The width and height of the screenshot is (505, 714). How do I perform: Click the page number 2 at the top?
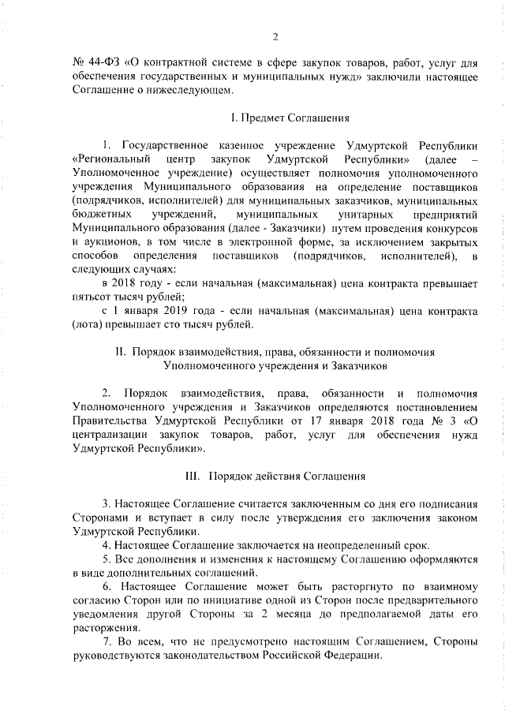point(275,37)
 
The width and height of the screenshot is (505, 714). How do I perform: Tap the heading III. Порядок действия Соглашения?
point(275,477)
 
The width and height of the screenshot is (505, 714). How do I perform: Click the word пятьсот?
point(90,296)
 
